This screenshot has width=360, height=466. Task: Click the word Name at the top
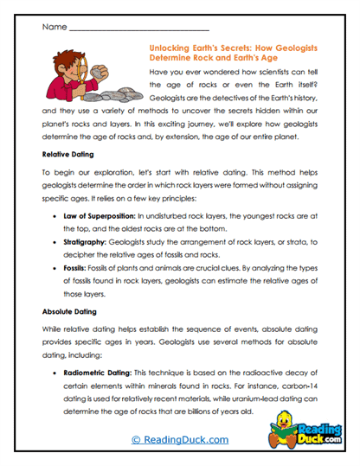point(52,27)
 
